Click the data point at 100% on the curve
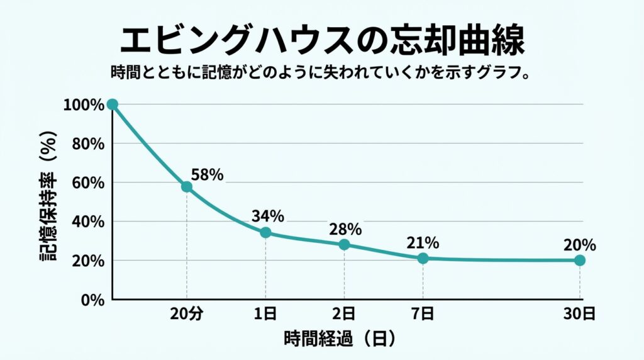[113, 104]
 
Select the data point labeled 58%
[187, 186]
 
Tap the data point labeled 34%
[265, 232]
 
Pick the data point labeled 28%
[344, 244]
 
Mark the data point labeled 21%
[423, 258]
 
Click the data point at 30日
[580, 260]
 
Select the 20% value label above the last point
[579, 245]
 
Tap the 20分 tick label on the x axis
[187, 313]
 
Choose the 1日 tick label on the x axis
[265, 313]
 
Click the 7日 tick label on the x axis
[423, 313]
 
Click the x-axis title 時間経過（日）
[340, 339]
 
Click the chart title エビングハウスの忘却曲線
[321, 41]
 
